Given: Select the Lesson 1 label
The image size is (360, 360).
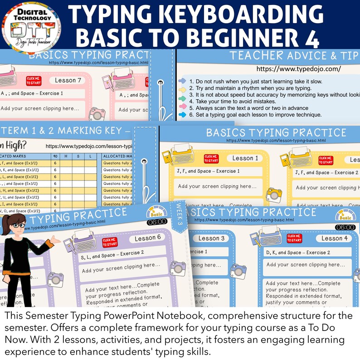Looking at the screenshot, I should [x=245, y=158].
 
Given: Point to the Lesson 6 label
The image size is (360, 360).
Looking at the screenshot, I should [x=146, y=238].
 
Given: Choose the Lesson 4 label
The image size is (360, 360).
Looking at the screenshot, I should [x=335, y=238].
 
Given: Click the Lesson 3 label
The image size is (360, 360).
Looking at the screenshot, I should [x=211, y=238].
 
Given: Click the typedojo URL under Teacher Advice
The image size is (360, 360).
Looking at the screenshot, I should [x=298, y=69].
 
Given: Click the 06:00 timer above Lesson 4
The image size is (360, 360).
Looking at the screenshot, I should [x=345, y=227].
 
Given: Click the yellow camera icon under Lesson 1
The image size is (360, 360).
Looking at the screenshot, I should [x=273, y=194].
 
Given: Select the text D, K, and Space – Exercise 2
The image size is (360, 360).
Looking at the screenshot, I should [x=298, y=253].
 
